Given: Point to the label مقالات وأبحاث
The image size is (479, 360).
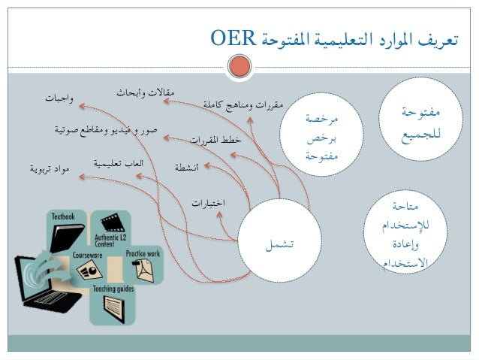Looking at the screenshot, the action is coord(145,92).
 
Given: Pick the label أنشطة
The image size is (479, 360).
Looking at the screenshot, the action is coord(186,167).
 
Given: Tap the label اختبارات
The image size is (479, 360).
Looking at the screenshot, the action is coord(208,203).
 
